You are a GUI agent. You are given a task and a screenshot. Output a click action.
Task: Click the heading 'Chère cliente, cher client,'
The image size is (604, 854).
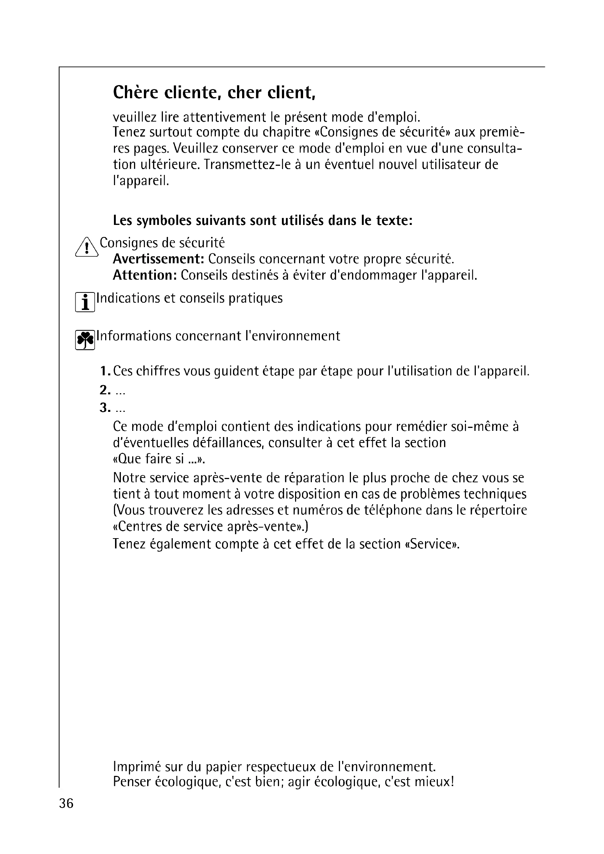(214, 93)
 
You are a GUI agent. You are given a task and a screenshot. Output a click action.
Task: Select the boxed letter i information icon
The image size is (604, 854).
(85, 302)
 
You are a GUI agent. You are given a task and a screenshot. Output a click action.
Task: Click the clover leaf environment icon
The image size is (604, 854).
(85, 340)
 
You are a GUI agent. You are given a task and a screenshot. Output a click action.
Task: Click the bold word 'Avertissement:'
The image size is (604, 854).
(159, 259)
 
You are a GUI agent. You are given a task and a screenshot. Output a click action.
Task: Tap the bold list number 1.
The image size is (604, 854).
(104, 371)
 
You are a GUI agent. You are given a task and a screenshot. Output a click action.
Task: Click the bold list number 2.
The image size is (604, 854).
(104, 390)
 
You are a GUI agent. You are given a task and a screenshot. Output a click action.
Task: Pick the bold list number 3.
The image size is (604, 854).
(104, 408)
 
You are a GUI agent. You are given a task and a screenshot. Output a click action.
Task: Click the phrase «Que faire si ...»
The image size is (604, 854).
(159, 459)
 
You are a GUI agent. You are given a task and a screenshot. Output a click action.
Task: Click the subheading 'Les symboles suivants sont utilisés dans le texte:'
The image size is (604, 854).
(263, 221)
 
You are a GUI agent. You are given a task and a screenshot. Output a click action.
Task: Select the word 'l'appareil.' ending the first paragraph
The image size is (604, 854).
(141, 181)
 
